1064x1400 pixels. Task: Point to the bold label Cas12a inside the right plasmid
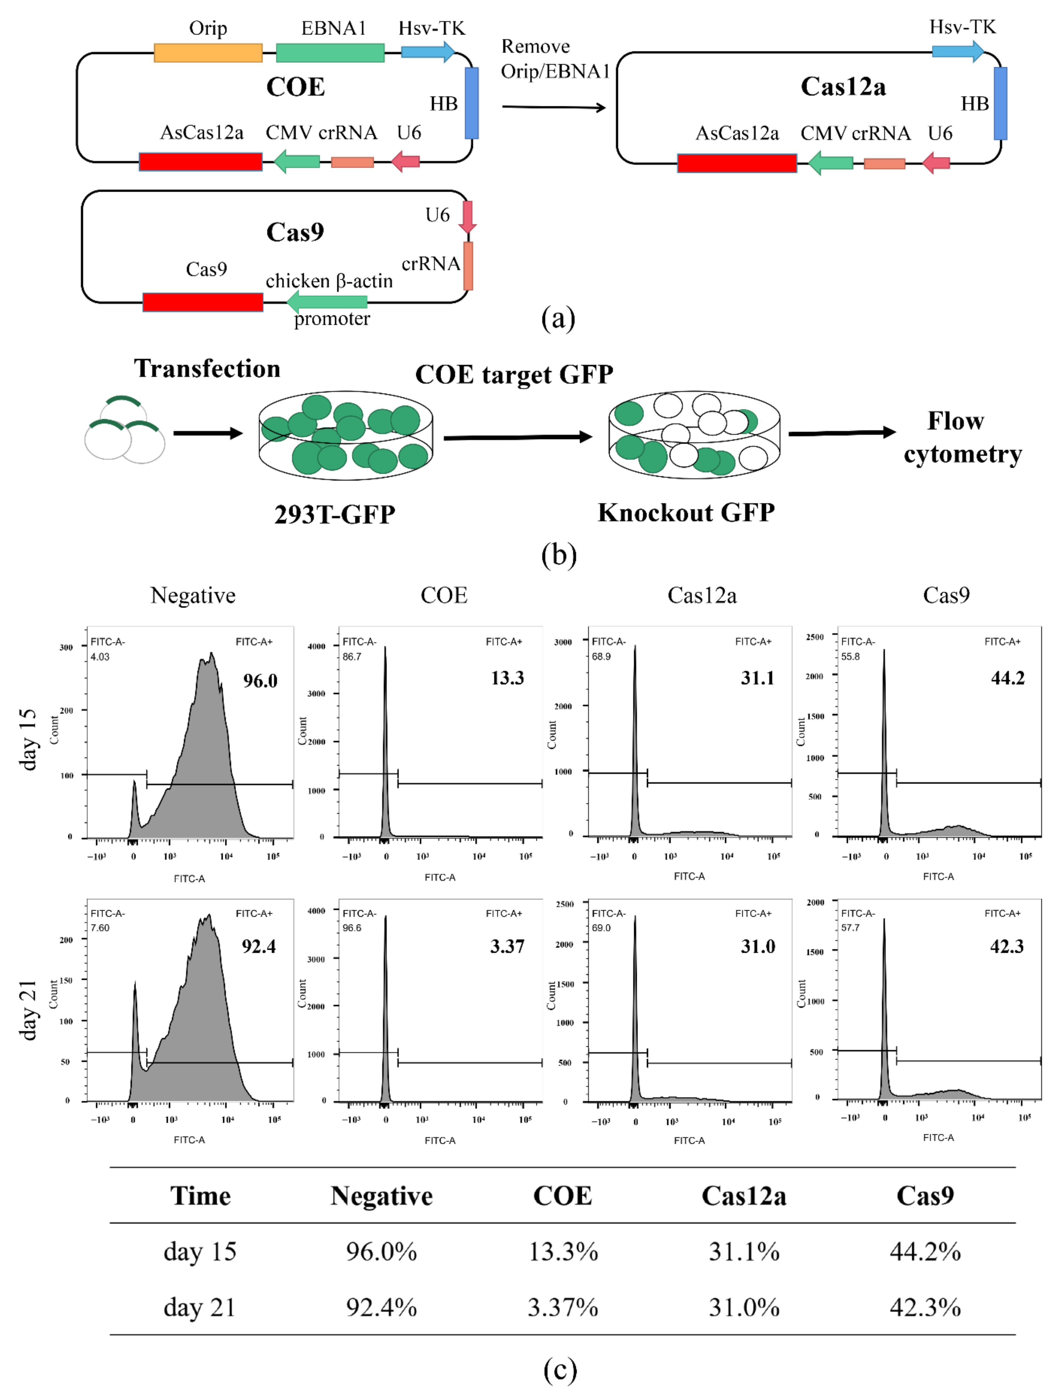click(843, 87)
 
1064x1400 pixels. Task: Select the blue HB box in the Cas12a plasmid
click(1000, 103)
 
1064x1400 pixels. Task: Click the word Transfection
click(207, 369)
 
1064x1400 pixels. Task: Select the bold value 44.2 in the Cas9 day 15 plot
click(1008, 678)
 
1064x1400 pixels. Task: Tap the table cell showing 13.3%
click(563, 1252)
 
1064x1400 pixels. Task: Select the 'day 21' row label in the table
click(199, 1307)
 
